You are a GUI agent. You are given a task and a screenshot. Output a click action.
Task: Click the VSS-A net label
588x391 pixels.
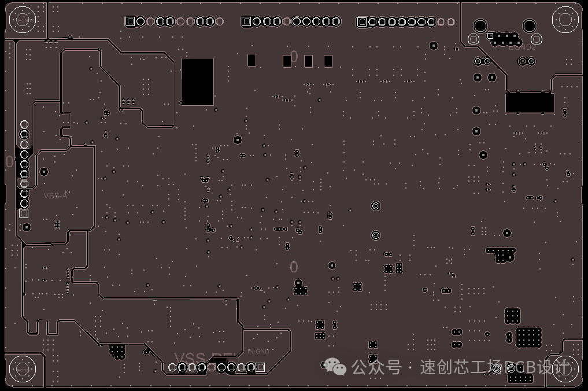click(x=56, y=195)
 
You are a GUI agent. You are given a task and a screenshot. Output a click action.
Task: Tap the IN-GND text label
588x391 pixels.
click(x=258, y=351)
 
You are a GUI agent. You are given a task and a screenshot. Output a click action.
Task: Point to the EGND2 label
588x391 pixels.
click(x=522, y=47)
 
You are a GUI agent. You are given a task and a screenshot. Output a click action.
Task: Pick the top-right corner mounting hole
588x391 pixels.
click(x=565, y=19)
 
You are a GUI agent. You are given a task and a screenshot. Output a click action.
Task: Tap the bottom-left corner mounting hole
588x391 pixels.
click(x=23, y=369)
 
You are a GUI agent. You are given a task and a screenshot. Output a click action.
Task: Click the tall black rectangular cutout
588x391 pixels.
click(x=198, y=81)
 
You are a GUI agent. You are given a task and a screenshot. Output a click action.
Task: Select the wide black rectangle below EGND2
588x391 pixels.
click(x=530, y=102)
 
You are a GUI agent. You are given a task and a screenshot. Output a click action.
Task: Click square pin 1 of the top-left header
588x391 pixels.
click(x=130, y=21)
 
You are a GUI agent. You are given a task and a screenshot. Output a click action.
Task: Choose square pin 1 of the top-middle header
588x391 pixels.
click(x=246, y=21)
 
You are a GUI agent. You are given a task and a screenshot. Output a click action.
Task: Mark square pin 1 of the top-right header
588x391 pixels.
click(x=362, y=22)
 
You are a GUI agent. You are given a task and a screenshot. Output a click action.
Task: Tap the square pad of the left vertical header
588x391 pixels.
click(x=24, y=213)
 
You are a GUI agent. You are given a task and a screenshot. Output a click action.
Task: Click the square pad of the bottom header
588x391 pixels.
click(x=260, y=367)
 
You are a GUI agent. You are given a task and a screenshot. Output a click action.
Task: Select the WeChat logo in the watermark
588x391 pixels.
click(x=335, y=366)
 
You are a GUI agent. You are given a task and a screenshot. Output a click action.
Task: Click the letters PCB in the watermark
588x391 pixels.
click(x=517, y=367)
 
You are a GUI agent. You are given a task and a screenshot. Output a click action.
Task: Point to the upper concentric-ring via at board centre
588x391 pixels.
click(x=375, y=206)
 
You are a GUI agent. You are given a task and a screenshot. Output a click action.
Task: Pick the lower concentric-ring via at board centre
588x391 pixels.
click(x=375, y=235)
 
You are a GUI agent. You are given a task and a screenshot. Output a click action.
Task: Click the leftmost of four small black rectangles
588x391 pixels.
click(x=252, y=60)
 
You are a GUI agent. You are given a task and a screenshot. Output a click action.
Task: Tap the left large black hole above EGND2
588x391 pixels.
click(x=480, y=25)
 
